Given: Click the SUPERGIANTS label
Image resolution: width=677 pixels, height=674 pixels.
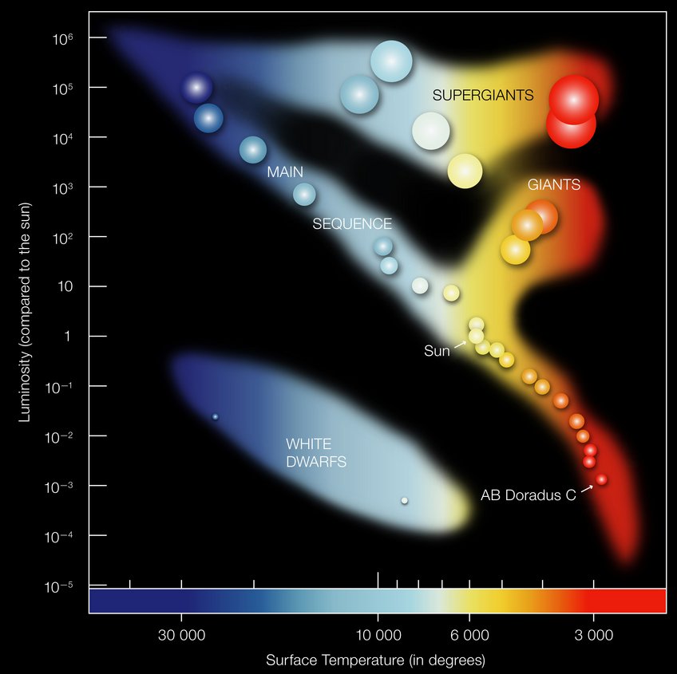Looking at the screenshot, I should [x=483, y=95].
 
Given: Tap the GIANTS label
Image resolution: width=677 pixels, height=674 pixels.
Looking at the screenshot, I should [x=553, y=185].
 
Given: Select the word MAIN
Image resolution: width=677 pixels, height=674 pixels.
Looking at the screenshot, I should [x=285, y=172].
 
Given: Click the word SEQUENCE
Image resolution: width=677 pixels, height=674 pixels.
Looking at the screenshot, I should [x=352, y=224].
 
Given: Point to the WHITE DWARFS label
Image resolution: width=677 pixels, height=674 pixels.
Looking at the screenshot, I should [x=316, y=452].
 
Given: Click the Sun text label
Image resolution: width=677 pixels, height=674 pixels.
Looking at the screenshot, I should [x=437, y=351].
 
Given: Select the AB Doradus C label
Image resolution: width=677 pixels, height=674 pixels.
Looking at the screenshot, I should [x=528, y=495].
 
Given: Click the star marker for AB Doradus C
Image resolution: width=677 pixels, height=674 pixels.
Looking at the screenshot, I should [x=601, y=479].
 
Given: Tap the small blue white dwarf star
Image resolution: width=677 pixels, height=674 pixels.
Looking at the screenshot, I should [x=215, y=416].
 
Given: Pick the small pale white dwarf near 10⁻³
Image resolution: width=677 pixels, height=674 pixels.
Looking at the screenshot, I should [x=404, y=500].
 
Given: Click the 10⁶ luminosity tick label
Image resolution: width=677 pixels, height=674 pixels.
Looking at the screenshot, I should [x=65, y=37].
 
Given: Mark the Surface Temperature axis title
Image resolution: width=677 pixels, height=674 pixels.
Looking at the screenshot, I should [x=375, y=660].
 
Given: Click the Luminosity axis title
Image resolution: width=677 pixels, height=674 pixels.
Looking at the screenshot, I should [x=25, y=312].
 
